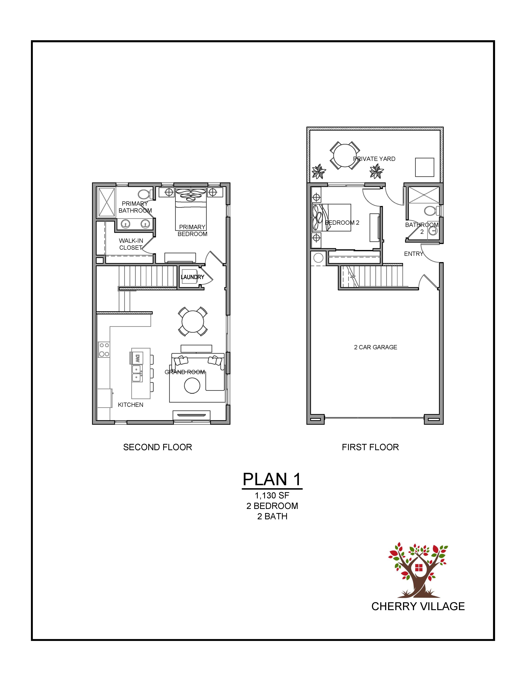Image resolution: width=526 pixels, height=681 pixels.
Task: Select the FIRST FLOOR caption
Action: pyautogui.click(x=370, y=447)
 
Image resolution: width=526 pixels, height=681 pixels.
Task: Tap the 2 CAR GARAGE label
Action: pyautogui.click(x=376, y=347)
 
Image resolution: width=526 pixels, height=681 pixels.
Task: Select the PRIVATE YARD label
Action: pyautogui.click(x=374, y=159)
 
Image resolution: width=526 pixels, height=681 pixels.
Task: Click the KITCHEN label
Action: pyautogui.click(x=131, y=405)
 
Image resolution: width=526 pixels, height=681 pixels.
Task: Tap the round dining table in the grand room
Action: pyautogui.click(x=193, y=321)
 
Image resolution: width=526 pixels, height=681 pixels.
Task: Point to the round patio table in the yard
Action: pyautogui.click(x=345, y=155)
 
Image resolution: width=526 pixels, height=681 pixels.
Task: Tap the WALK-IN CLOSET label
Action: pyautogui.click(x=131, y=244)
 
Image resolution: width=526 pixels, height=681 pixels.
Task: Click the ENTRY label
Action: pyautogui.click(x=414, y=254)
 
